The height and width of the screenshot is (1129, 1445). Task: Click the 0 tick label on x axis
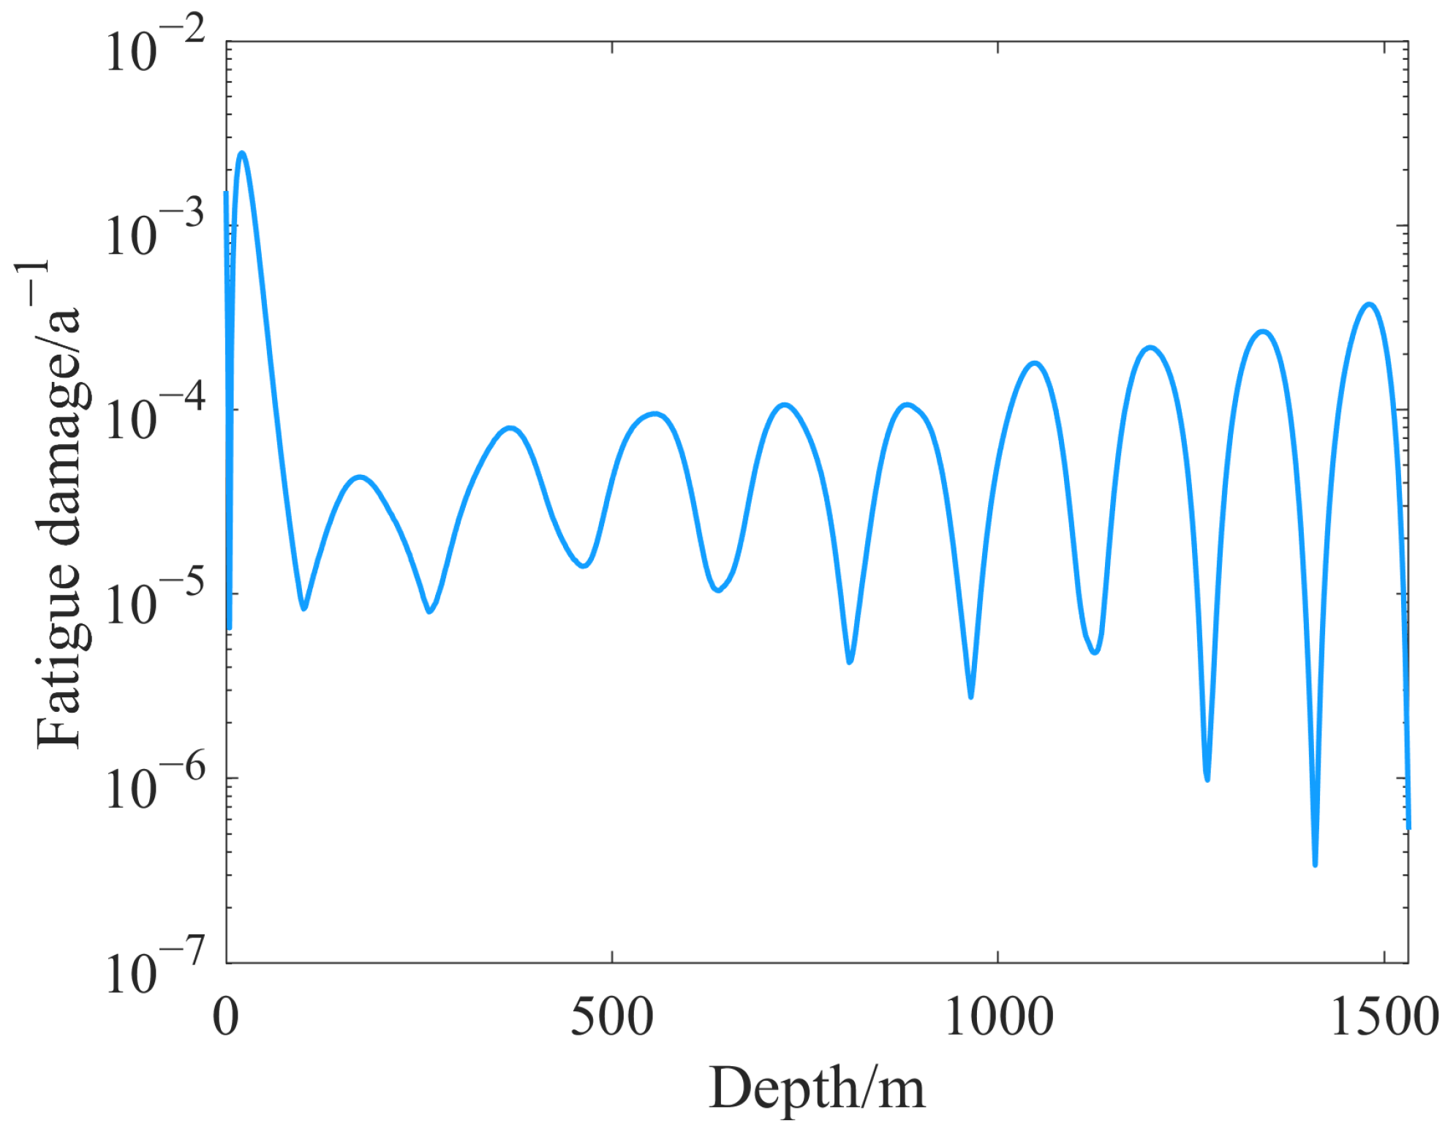pyautogui.click(x=226, y=1018)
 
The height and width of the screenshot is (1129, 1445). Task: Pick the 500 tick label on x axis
pyautogui.click(x=611, y=1018)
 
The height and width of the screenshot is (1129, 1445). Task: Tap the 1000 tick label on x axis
pyautogui.click(x=998, y=1018)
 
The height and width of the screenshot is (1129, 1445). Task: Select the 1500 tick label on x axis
pyautogui.click(x=1384, y=1018)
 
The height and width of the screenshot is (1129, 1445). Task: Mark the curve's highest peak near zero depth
pyautogui.click(x=242, y=154)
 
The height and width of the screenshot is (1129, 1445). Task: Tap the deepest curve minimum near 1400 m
pyautogui.click(x=1315, y=864)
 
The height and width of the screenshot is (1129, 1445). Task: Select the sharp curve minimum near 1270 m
pyautogui.click(x=1207, y=779)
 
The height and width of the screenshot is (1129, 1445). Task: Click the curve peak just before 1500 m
pyautogui.click(x=1369, y=304)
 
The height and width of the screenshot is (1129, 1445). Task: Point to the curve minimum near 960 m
pyautogui.click(x=970, y=696)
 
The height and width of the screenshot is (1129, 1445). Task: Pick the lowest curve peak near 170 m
pyautogui.click(x=359, y=477)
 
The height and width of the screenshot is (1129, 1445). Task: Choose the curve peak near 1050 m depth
pyautogui.click(x=1034, y=363)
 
